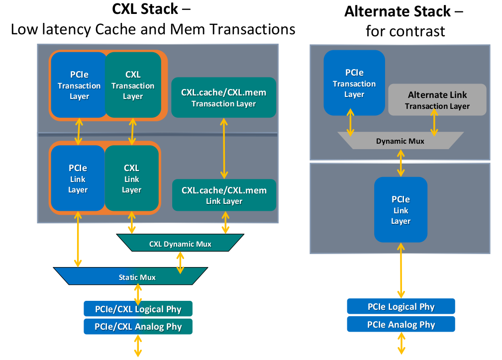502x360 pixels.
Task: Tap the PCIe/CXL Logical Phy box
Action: [138, 309]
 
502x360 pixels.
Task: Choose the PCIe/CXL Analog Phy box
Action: [138, 327]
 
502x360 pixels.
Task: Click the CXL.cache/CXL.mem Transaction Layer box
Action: [223, 97]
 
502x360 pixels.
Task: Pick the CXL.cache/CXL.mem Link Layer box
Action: [223, 195]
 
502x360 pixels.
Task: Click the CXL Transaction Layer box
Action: [133, 85]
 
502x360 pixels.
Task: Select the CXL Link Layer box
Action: [132, 179]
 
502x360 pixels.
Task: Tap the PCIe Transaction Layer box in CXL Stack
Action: [79, 85]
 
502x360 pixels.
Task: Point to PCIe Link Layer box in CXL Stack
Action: [77, 179]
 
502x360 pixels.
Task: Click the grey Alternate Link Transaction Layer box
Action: [437, 99]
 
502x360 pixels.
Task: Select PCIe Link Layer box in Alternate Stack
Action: [401, 210]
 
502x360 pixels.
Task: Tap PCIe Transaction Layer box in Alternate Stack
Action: [354, 83]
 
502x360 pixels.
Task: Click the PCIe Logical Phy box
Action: [401, 306]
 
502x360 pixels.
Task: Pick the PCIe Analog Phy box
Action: [401, 324]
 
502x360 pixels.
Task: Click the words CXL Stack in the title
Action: [144, 9]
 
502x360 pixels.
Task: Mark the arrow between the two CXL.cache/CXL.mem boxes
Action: [224, 148]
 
